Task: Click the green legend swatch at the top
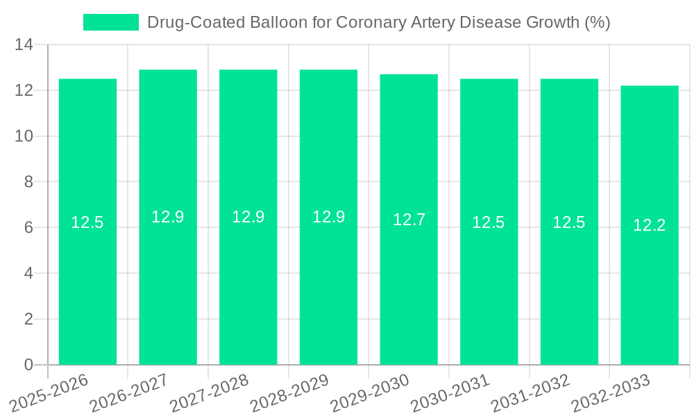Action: tap(111, 22)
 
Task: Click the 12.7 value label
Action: tap(409, 220)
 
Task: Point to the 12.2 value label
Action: tap(650, 225)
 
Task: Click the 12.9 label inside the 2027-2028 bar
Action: tap(248, 217)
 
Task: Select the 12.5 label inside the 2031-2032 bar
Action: tap(569, 222)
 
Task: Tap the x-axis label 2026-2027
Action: tap(128, 393)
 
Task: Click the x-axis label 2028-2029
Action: tap(289, 393)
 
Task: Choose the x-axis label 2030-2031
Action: tap(450, 393)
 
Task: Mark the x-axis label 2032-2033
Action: tap(610, 393)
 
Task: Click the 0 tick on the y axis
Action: tap(28, 365)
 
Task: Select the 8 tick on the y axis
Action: tap(28, 182)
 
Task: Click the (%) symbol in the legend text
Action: tap(597, 22)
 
